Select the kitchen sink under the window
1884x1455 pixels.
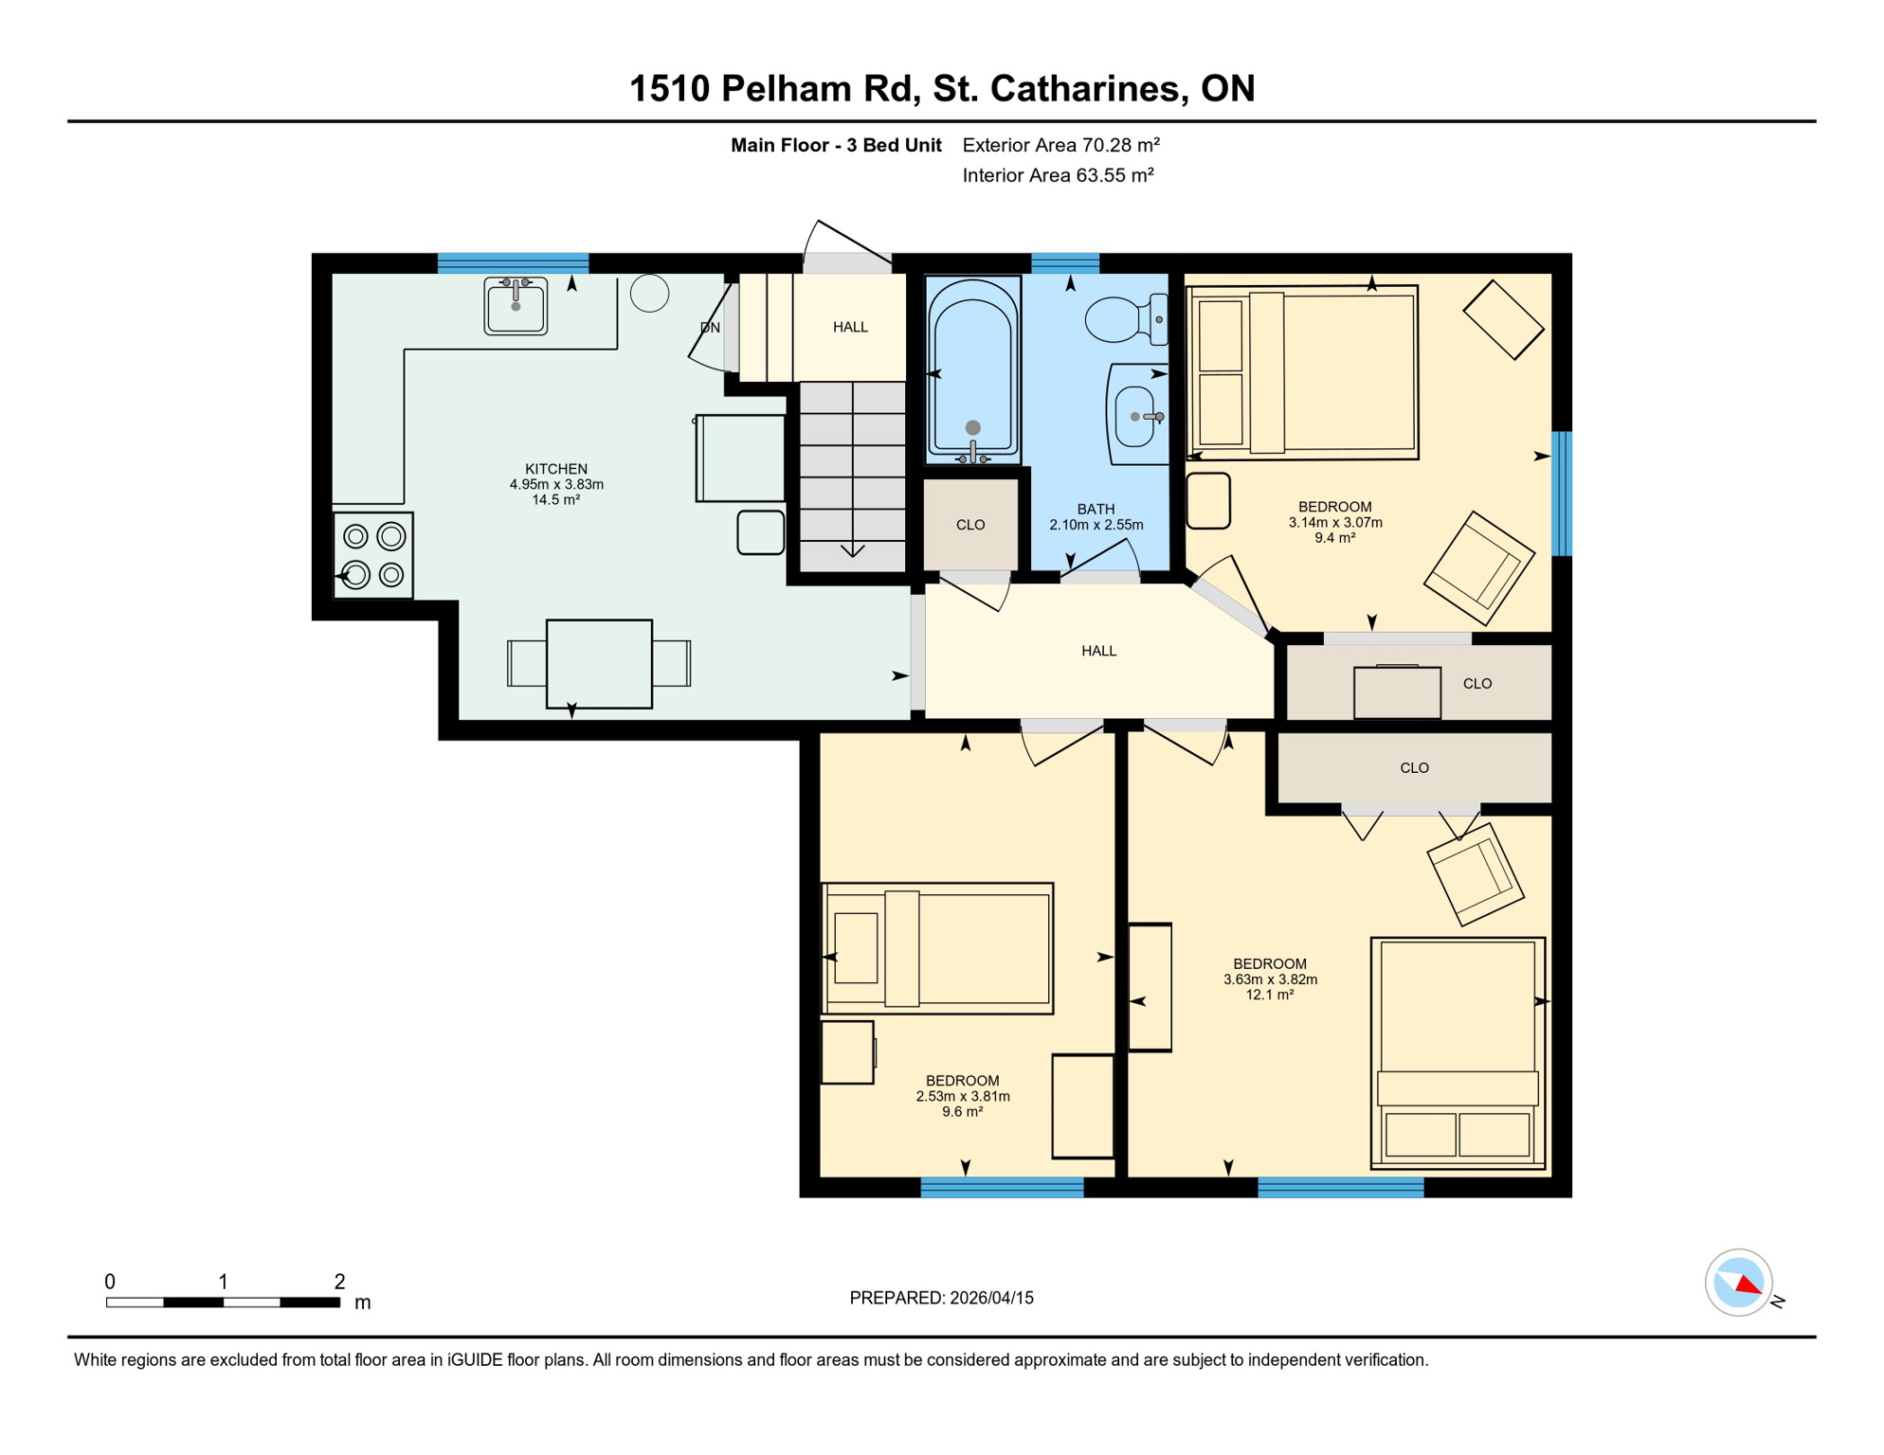pyautogui.click(x=516, y=305)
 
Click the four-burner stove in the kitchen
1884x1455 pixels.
pyautogui.click(x=373, y=555)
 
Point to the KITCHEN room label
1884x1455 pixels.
pyautogui.click(x=556, y=469)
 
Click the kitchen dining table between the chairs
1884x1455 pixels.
pyautogui.click(x=599, y=663)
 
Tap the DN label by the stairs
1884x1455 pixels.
pyautogui.click(x=710, y=328)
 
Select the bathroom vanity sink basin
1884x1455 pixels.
pyautogui.click(x=1137, y=417)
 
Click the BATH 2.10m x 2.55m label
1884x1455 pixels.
pyautogui.click(x=1096, y=517)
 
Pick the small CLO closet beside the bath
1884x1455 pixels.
pyautogui.click(x=970, y=525)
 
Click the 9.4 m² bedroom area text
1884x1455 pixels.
pyautogui.click(x=1334, y=538)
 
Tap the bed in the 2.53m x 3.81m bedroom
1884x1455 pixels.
pyautogui.click(x=938, y=948)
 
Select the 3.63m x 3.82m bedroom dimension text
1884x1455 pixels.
pyautogui.click(x=1270, y=979)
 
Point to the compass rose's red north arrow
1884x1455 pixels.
pyautogui.click(x=1749, y=1285)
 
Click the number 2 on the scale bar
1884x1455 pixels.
pyautogui.click(x=339, y=1282)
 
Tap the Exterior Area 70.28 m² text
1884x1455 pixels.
pyautogui.click(x=1060, y=145)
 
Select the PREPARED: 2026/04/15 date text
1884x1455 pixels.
pyautogui.click(x=941, y=1298)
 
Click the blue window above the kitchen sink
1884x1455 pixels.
pyautogui.click(x=513, y=262)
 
